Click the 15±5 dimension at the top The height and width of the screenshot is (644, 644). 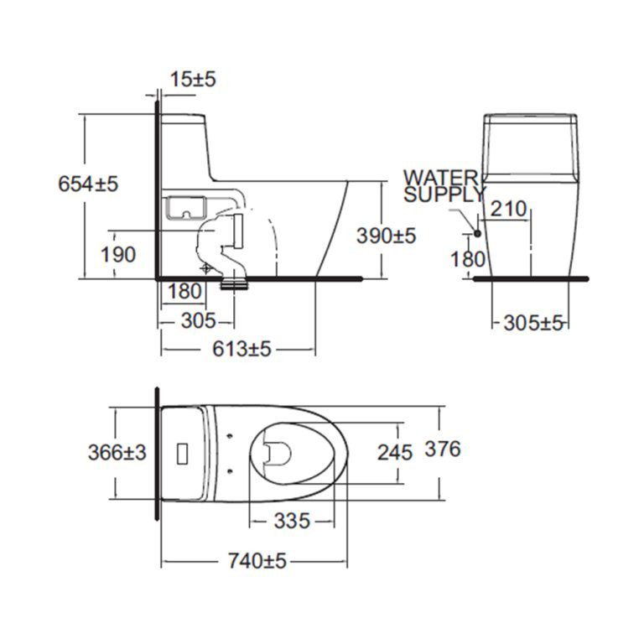(193, 79)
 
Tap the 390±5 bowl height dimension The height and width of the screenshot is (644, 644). (386, 236)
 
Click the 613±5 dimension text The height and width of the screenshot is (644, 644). (241, 349)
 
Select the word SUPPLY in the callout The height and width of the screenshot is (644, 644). (444, 195)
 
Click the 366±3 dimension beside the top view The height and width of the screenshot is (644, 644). (117, 452)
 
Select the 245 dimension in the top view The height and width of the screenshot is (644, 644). (394, 453)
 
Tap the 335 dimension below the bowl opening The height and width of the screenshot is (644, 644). (292, 521)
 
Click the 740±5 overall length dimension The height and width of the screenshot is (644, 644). (256, 560)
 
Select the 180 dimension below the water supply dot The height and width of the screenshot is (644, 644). (467, 258)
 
